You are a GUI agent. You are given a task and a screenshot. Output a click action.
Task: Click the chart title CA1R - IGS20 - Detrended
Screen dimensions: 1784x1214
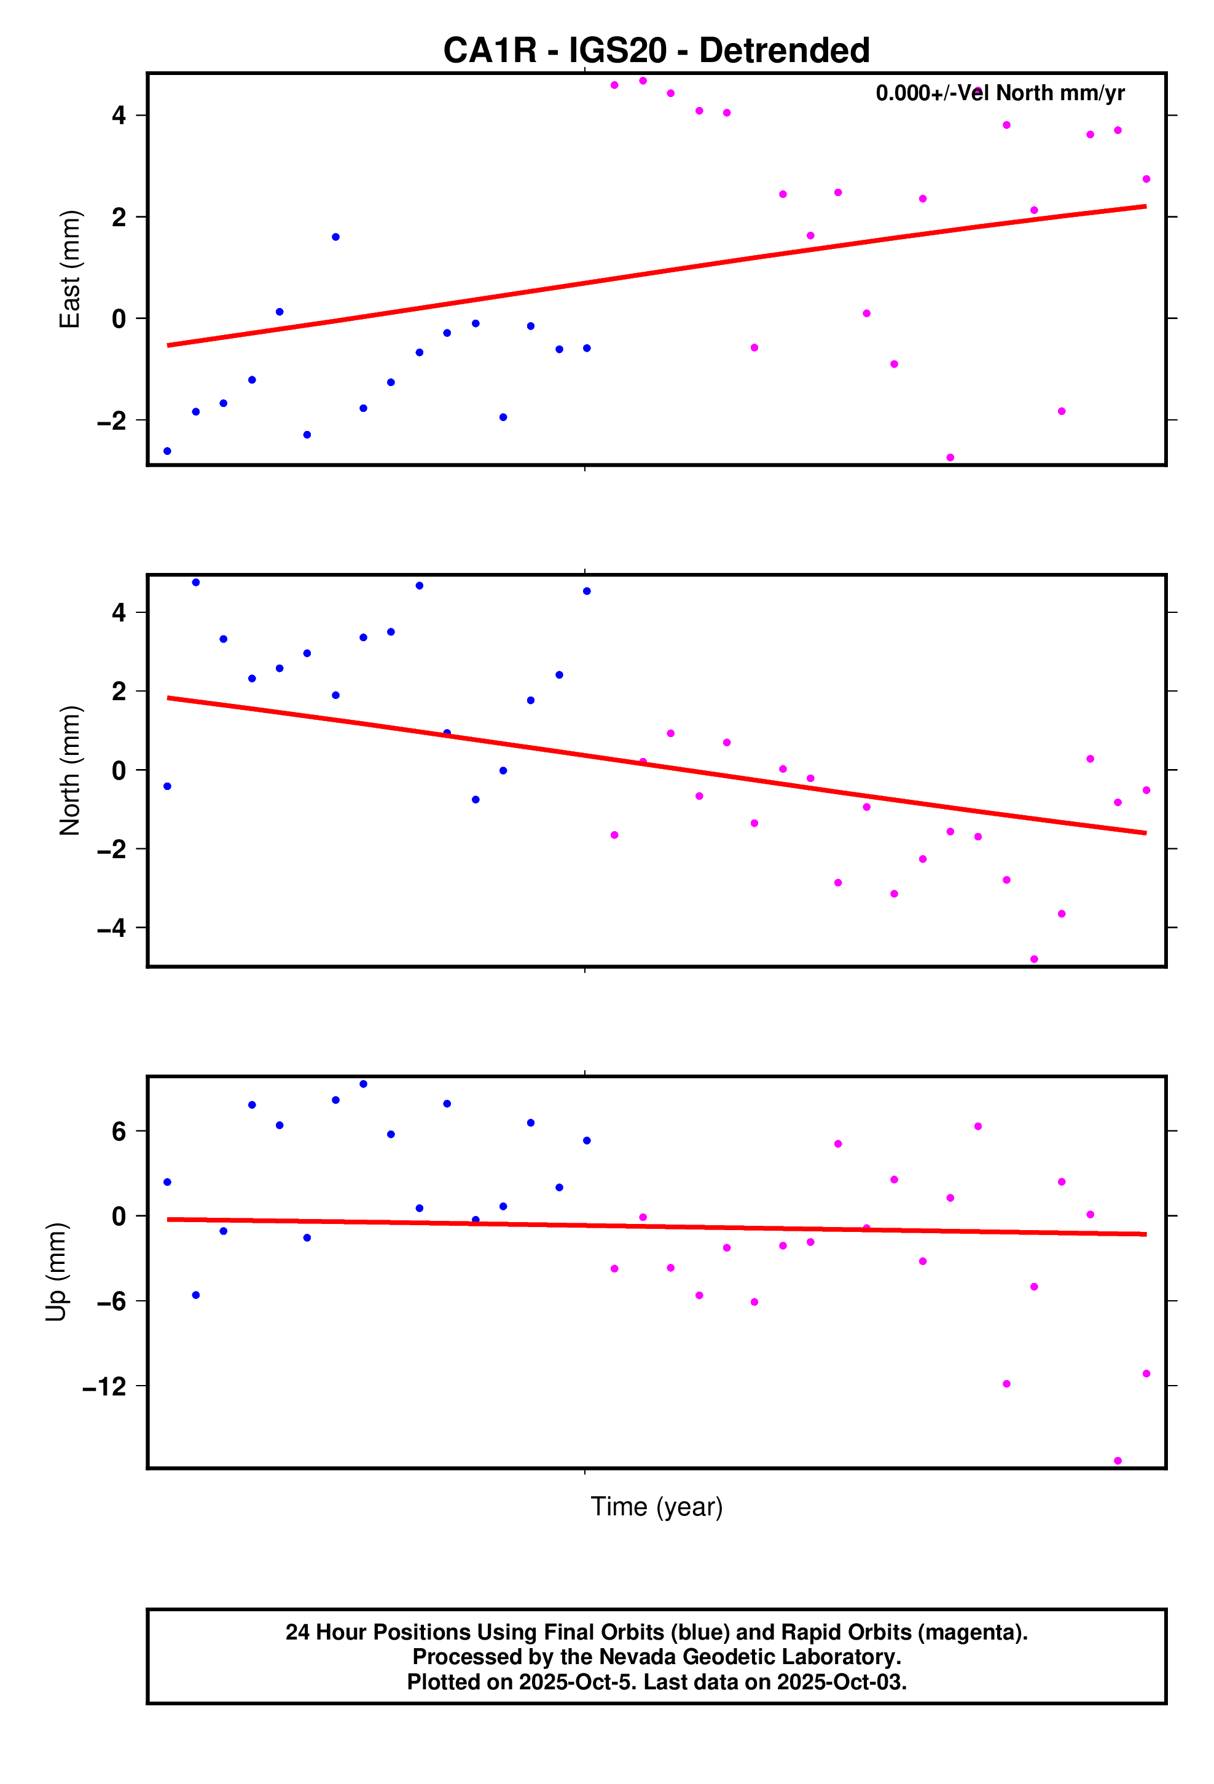pyautogui.click(x=656, y=50)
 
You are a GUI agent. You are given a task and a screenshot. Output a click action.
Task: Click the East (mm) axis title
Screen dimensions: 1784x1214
pyautogui.click(x=70, y=269)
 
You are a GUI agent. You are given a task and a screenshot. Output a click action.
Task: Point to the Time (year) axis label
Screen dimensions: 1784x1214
pyautogui.click(x=656, y=1506)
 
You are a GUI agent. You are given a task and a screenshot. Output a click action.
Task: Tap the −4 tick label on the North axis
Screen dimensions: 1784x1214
pyautogui.click(x=111, y=928)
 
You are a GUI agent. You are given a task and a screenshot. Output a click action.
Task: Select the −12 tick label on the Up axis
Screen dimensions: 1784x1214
pyautogui.click(x=104, y=1386)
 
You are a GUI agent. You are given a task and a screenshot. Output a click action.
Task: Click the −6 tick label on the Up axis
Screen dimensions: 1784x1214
pyautogui.click(x=111, y=1301)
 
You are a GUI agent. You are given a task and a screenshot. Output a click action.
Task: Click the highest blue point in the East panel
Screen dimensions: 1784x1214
pyautogui.click(x=335, y=237)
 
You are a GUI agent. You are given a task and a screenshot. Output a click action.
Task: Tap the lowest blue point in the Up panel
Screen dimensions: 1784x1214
pyautogui.click(x=196, y=1295)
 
